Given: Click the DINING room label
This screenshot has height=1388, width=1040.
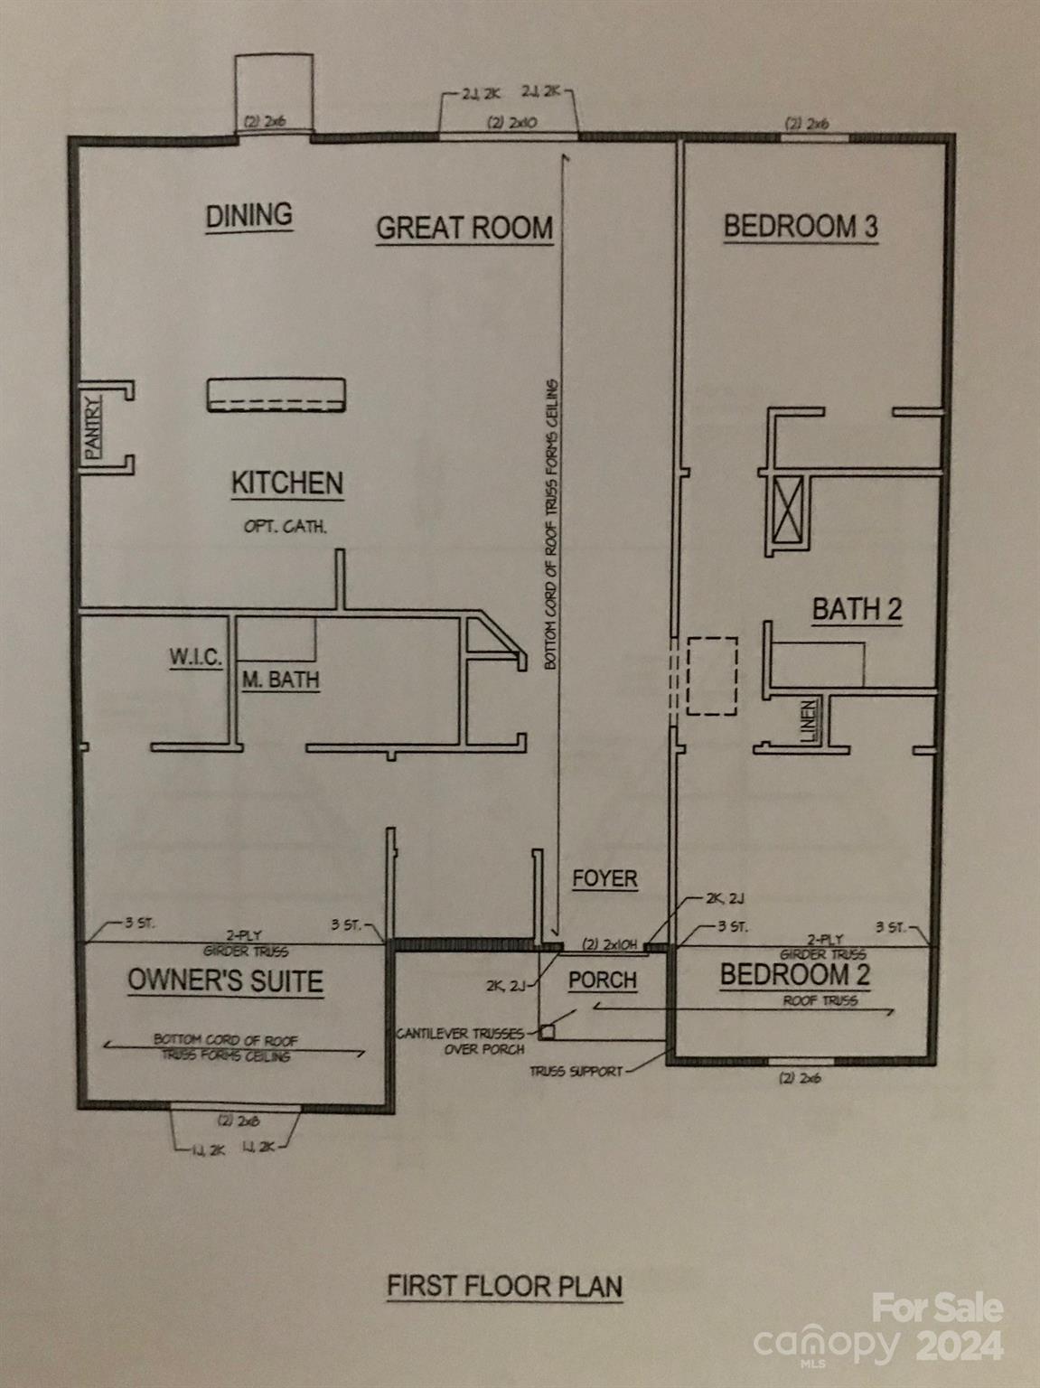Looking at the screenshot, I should (x=248, y=216).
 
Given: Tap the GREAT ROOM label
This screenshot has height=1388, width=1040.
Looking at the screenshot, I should (x=464, y=228).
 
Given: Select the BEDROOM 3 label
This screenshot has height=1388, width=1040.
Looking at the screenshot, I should (x=800, y=226).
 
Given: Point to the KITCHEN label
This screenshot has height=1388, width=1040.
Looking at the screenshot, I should (x=287, y=483).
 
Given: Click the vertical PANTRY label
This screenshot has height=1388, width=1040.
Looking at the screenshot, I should (x=93, y=427).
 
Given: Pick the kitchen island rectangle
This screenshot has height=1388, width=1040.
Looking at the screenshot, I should (x=276, y=395).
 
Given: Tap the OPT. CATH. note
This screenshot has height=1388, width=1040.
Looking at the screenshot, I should (x=285, y=526).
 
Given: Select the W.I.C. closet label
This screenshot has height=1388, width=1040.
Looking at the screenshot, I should (x=195, y=657).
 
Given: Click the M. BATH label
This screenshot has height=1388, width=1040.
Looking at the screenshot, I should (x=280, y=680).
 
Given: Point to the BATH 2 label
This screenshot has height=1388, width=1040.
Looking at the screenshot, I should (x=857, y=609).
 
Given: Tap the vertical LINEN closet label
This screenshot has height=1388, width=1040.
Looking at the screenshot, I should (x=810, y=722).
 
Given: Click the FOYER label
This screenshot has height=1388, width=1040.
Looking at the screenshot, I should (x=604, y=878).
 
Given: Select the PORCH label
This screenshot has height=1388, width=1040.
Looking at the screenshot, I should (x=603, y=980).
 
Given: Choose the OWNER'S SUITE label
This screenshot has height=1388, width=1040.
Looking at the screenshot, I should (x=225, y=981).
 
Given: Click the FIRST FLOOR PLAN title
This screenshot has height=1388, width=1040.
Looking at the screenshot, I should (x=504, y=1286).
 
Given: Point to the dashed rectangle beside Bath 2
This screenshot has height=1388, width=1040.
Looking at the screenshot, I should (x=712, y=677).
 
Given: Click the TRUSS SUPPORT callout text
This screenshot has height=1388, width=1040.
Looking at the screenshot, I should (x=576, y=1071).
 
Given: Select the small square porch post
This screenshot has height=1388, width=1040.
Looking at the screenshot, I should (x=548, y=1030).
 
